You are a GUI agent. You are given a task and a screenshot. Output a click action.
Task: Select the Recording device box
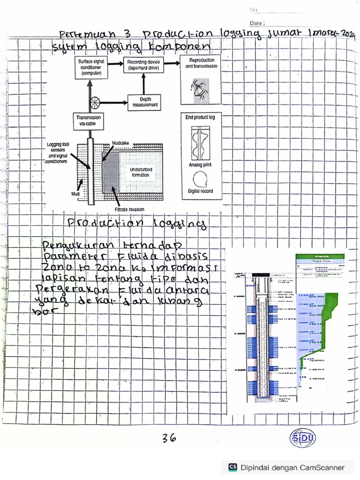(143, 64)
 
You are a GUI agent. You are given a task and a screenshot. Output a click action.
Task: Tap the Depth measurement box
(145, 102)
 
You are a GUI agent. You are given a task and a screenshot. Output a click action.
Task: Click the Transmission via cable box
(88, 119)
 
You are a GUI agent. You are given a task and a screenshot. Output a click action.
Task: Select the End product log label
(200, 117)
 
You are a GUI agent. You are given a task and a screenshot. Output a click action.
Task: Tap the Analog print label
(200, 165)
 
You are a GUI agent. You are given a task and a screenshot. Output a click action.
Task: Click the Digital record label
(200, 191)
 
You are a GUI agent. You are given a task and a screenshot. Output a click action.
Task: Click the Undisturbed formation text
(141, 172)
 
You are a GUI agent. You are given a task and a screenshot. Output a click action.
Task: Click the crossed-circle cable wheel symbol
(96, 101)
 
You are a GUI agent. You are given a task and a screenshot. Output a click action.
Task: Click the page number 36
(169, 438)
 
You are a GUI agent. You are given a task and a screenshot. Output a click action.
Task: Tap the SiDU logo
(303, 438)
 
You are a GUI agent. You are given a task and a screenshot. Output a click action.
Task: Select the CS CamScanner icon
(232, 467)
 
